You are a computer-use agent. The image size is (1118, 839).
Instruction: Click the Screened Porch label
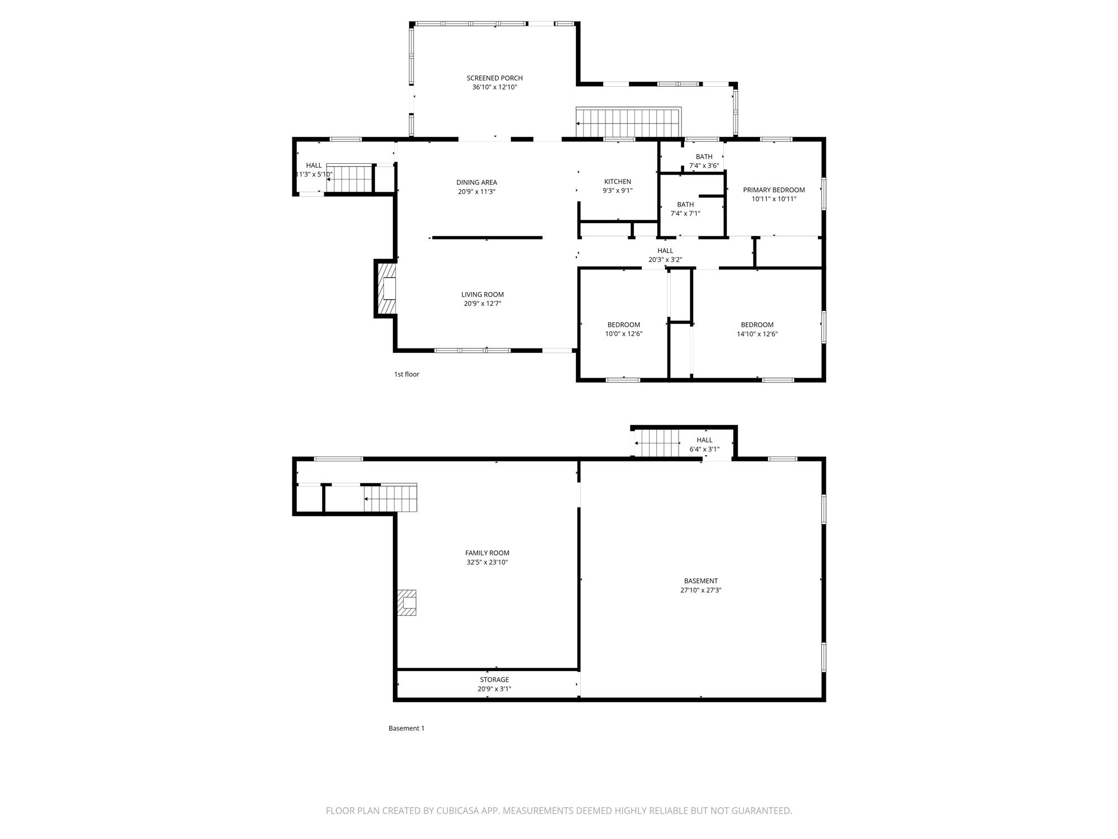coord(495,78)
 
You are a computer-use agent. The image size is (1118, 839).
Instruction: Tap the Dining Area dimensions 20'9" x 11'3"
coord(476,191)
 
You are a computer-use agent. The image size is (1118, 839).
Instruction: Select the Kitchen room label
coord(618,181)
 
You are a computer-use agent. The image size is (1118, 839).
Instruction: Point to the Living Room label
coord(482,294)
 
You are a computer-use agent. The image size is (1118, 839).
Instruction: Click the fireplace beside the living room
coord(386,289)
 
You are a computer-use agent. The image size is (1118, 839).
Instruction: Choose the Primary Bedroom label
coord(774,190)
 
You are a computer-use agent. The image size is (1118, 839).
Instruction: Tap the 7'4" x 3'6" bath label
coord(704,161)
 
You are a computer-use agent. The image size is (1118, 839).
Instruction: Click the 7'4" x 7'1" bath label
coord(685,209)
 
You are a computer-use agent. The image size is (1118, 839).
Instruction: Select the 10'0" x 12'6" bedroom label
coord(624,329)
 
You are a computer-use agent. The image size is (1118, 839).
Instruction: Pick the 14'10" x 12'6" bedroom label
coord(757,329)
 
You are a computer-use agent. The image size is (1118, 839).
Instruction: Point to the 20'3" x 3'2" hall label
coord(665,255)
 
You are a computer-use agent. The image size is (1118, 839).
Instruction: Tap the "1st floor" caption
coord(406,374)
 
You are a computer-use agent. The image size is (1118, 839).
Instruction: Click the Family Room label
coord(487,553)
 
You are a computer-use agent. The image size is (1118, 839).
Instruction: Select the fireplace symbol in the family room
coord(407,603)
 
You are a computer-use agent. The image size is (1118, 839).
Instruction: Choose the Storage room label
coord(494,680)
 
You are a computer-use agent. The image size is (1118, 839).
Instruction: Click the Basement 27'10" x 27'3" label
coord(701,585)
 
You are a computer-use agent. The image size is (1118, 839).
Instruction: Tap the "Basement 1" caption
coord(406,728)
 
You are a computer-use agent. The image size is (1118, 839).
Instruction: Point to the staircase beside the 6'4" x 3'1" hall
coord(657,442)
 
